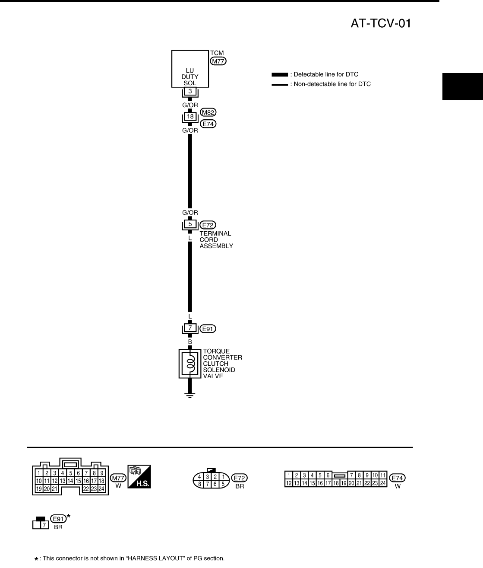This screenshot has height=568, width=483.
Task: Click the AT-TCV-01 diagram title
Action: [x=381, y=23]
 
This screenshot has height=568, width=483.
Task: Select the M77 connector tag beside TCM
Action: [x=218, y=61]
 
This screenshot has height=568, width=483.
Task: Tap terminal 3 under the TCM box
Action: [x=190, y=91]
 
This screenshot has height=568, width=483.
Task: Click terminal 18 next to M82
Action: [x=190, y=116]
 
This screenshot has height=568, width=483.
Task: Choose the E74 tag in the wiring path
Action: [x=209, y=124]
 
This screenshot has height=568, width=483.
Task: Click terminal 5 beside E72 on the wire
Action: [x=190, y=224]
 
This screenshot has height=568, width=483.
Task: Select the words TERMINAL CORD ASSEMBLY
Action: [x=216, y=240]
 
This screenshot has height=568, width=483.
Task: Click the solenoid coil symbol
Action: [x=190, y=363]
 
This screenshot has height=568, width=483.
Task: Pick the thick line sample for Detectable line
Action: [x=280, y=75]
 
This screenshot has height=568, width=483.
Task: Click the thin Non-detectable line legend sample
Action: [x=280, y=85]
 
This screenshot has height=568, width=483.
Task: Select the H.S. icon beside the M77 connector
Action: [x=139, y=477]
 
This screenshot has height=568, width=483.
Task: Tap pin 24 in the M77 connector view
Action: [x=101, y=489]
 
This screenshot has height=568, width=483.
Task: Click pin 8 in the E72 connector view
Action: [x=199, y=484]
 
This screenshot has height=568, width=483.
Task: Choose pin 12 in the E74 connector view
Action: [x=289, y=483]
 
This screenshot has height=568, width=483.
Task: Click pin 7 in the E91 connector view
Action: [x=44, y=525]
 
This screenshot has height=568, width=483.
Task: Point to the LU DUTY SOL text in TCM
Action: [x=190, y=77]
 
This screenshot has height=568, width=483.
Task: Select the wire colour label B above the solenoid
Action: [x=190, y=342]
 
